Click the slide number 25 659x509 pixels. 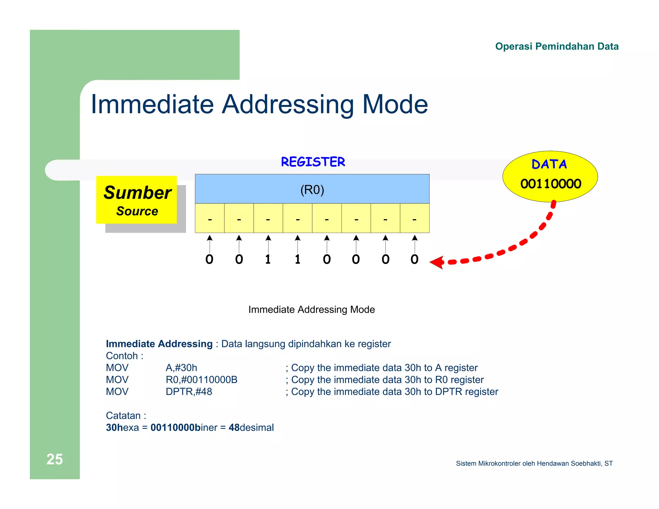pyautogui.click(x=54, y=459)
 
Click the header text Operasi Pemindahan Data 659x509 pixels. pyautogui.click(x=557, y=46)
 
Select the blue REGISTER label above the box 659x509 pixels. pyautogui.click(x=313, y=162)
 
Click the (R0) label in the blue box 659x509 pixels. pyautogui.click(x=312, y=190)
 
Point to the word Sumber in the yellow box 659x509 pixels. pyautogui.click(x=137, y=193)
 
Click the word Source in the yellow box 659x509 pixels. pyautogui.click(x=137, y=211)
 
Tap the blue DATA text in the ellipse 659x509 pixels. pyautogui.click(x=549, y=164)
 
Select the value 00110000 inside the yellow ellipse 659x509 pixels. pyautogui.click(x=551, y=184)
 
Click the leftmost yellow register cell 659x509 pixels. pyautogui.click(x=209, y=218)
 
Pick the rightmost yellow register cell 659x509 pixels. pyautogui.click(x=415, y=218)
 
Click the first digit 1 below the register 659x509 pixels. pyautogui.click(x=268, y=259)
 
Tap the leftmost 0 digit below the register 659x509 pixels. pyautogui.click(x=209, y=259)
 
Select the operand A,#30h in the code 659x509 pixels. pyautogui.click(x=181, y=367)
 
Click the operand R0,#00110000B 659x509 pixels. pyautogui.click(x=201, y=380)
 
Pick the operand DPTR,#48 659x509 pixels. pyautogui.click(x=189, y=392)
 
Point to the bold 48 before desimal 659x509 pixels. pyautogui.click(x=234, y=428)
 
